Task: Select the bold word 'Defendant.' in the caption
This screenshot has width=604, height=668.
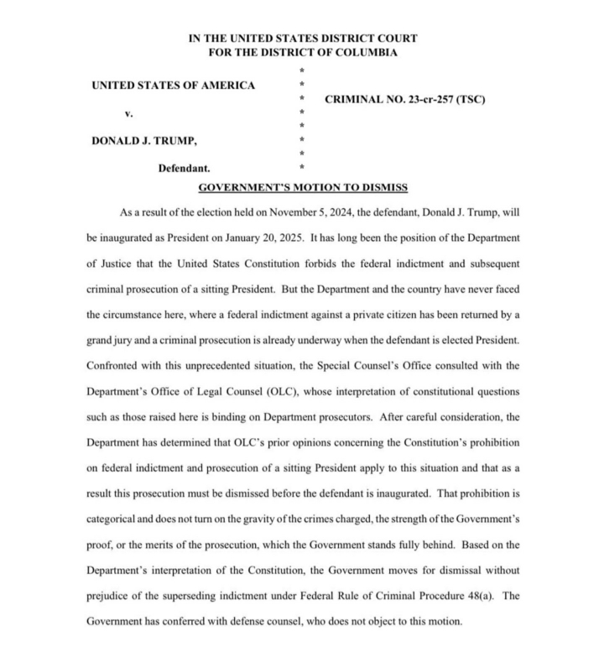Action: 185,168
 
